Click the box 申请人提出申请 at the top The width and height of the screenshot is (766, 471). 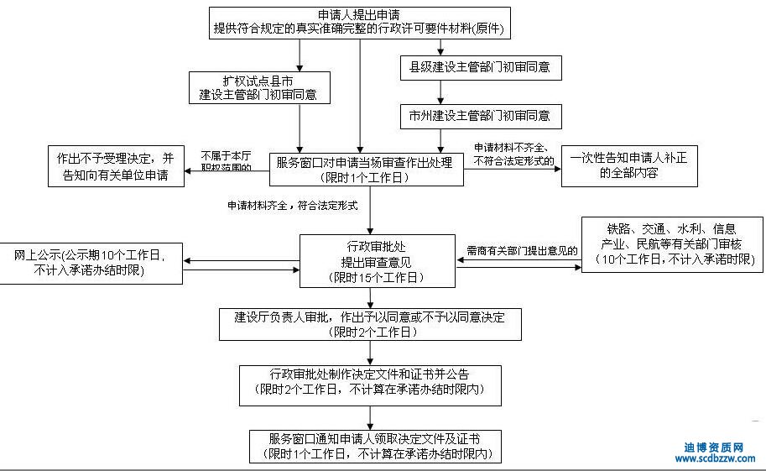[x=360, y=22]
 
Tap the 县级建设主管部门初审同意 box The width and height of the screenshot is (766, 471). [x=480, y=66]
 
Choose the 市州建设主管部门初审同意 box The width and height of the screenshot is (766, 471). [x=480, y=115]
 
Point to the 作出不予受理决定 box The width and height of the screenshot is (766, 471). [x=117, y=166]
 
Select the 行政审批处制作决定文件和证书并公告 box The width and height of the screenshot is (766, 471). [x=370, y=382]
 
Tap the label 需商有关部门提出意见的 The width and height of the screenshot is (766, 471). [x=523, y=249]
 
